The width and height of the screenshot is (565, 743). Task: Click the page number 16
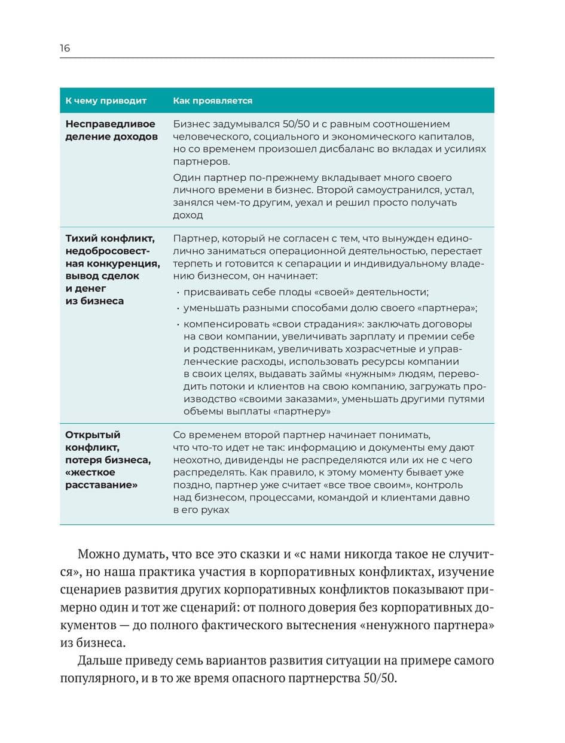click(x=65, y=48)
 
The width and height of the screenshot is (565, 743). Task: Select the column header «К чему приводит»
click(x=106, y=101)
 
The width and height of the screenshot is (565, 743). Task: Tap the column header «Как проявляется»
click(x=212, y=101)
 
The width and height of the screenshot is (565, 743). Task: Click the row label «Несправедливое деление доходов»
click(x=110, y=130)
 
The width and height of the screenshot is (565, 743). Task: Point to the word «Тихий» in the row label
click(x=82, y=239)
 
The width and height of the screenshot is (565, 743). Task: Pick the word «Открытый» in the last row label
click(x=93, y=435)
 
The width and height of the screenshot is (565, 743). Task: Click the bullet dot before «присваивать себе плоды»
click(x=178, y=292)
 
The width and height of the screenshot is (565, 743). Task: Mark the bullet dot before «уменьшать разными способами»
click(x=178, y=308)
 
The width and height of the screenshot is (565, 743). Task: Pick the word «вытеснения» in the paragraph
click(x=354, y=626)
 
